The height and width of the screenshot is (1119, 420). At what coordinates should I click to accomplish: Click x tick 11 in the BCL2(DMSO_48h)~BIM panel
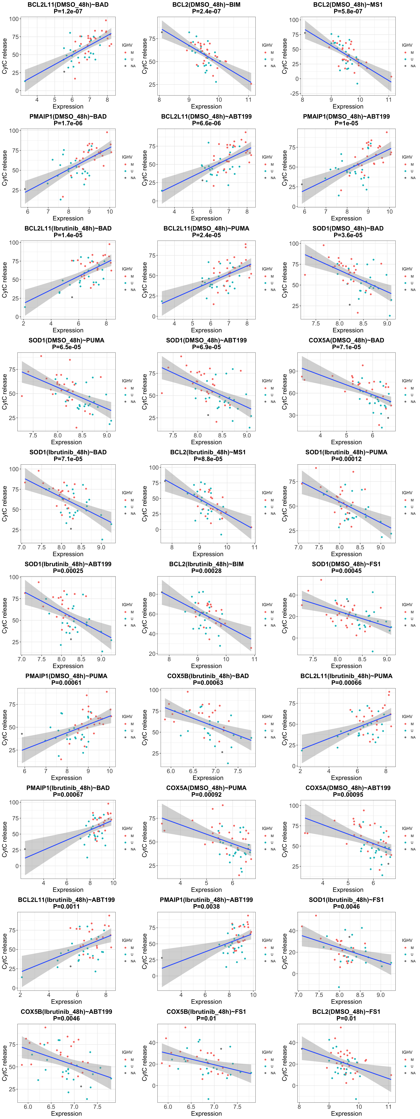(x=248, y=100)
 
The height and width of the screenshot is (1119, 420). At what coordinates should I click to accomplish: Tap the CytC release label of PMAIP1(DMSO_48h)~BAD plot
(x=5, y=168)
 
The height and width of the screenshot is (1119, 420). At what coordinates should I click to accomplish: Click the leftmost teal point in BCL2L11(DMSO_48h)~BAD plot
(x=25, y=81)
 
